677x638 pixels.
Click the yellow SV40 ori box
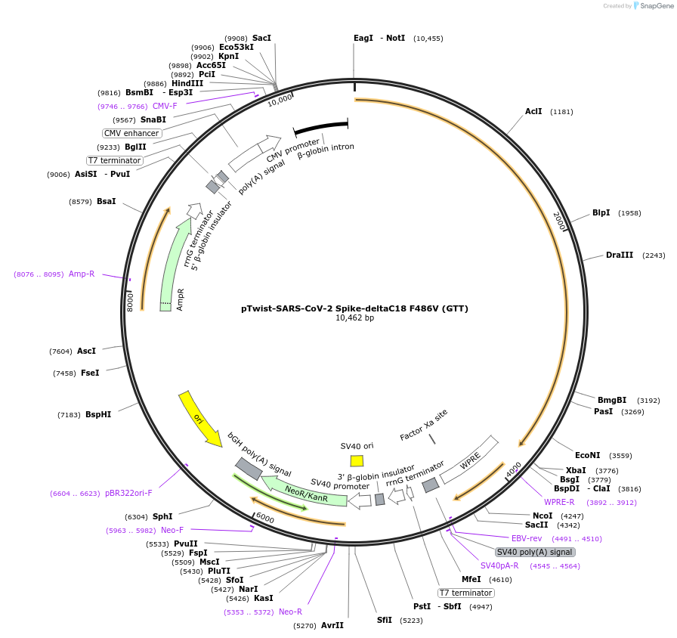pyautogui.click(x=357, y=460)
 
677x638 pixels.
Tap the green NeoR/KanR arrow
pyautogui.click(x=306, y=494)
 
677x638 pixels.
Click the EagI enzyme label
pyautogui.click(x=363, y=38)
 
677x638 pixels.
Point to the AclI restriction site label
pyautogui.click(x=533, y=111)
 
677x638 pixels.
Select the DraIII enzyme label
pyautogui.click(x=620, y=255)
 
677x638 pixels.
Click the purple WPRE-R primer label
pyautogui.click(x=559, y=502)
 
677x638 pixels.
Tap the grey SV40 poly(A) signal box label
pyautogui.click(x=535, y=552)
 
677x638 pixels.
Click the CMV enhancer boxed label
pyautogui.click(x=131, y=133)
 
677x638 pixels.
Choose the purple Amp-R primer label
pyautogui.click(x=82, y=274)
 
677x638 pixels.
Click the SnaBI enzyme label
pyautogui.click(x=153, y=119)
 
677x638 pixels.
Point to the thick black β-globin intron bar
pyautogui.click(x=320, y=126)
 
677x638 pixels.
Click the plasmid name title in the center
pyautogui.click(x=354, y=308)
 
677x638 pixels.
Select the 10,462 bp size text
pyautogui.click(x=354, y=318)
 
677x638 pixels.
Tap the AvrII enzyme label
pyautogui.click(x=332, y=625)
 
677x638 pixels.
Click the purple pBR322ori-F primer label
pyautogui.click(x=128, y=493)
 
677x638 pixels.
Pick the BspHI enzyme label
pyautogui.click(x=98, y=414)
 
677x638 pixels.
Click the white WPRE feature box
pyautogui.click(x=471, y=460)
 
